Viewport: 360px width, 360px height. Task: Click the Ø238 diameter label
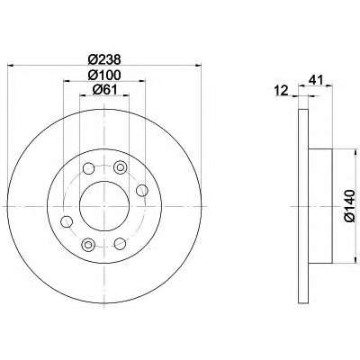coord(104,59)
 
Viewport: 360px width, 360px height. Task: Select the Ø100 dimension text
coord(104,75)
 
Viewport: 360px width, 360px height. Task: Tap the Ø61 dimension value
coord(104,90)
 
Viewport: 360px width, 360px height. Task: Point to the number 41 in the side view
coord(317,80)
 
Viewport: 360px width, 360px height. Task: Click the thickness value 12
coord(282,90)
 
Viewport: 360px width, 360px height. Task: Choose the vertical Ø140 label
coord(350,206)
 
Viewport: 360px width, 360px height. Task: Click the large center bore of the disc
coord(104,206)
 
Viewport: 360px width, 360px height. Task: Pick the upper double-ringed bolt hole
coord(120,167)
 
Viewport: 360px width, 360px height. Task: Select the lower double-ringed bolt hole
coord(88,245)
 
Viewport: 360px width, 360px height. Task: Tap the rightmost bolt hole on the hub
coord(142,190)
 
